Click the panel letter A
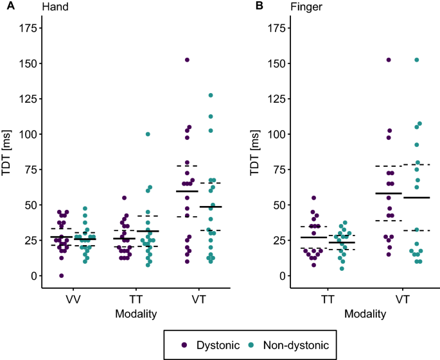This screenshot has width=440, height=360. point(5,6)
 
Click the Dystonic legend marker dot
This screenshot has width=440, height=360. point(184,345)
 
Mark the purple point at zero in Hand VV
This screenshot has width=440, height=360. point(62,276)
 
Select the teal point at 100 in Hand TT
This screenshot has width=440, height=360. point(147,134)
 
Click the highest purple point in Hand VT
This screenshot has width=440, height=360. point(188,60)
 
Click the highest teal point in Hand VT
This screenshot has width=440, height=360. point(210,96)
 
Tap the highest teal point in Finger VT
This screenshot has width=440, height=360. point(416,60)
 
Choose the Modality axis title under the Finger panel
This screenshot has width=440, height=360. point(365,314)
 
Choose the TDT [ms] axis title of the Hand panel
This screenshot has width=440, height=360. point(8,152)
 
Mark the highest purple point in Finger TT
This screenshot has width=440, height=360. point(314,198)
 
